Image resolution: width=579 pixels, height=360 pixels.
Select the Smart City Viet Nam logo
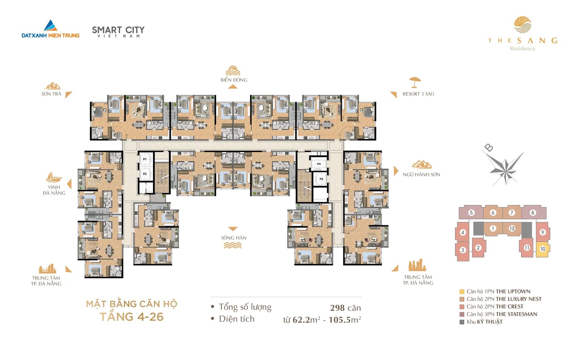coord(118,31)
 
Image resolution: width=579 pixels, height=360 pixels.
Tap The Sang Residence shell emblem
coord(523,25)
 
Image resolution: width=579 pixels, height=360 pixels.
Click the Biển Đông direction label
coord(234,80)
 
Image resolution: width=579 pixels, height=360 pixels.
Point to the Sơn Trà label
coord(51,94)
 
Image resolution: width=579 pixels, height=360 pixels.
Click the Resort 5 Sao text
coord(418,94)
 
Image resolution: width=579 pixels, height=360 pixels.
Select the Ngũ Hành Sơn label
coord(421,174)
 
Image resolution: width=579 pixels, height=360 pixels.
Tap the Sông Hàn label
coord(234,238)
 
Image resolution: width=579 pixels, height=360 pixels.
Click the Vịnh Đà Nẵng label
coord(54,190)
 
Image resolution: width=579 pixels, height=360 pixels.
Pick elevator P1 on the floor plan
coord(145,159)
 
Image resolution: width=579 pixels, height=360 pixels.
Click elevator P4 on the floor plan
coord(319,164)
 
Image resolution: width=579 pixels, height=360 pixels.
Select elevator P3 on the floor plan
coord(321,179)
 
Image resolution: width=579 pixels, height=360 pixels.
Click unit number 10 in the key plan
coord(542,249)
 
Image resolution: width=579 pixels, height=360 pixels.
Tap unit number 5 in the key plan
coord(471,213)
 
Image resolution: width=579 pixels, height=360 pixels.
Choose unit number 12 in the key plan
coord(512,229)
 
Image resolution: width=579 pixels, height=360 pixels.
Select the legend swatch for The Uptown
coord(462,292)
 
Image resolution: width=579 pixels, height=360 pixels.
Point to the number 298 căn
coord(345,308)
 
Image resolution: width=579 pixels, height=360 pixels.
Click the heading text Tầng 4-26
coord(132,317)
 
